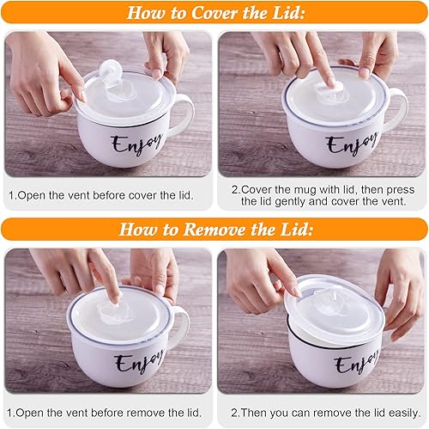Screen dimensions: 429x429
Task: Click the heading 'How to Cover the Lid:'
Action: click(x=214, y=13)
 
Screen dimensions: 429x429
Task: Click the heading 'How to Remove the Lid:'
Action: click(x=214, y=229)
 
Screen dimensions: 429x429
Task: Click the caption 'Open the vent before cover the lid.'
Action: click(x=100, y=195)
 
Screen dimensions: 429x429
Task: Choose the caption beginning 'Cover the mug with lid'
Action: click(x=323, y=194)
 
